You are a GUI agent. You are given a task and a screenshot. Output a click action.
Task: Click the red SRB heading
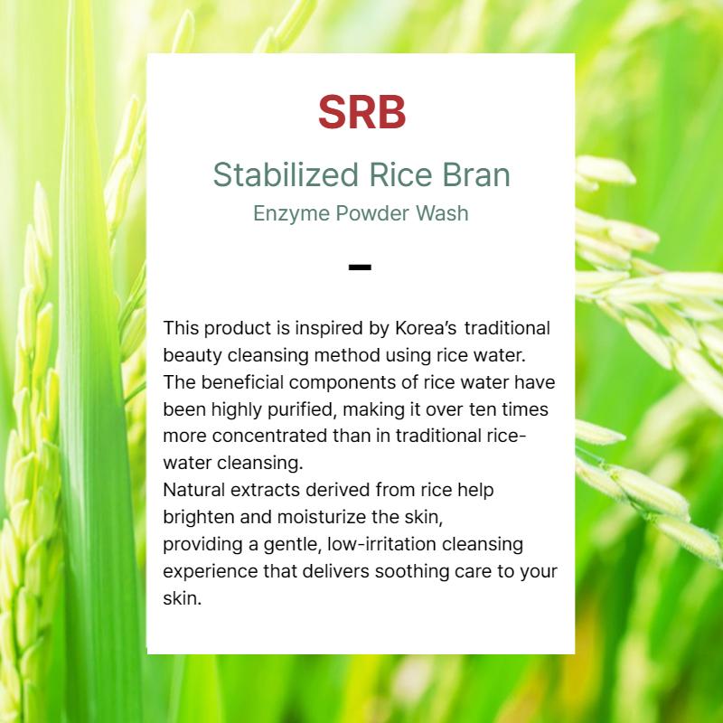coord(361,112)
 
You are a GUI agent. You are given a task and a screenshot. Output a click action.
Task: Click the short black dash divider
coord(360,267)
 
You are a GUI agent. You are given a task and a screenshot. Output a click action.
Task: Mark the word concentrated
coord(265,435)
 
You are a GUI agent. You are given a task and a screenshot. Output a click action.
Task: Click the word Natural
coord(192,490)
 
